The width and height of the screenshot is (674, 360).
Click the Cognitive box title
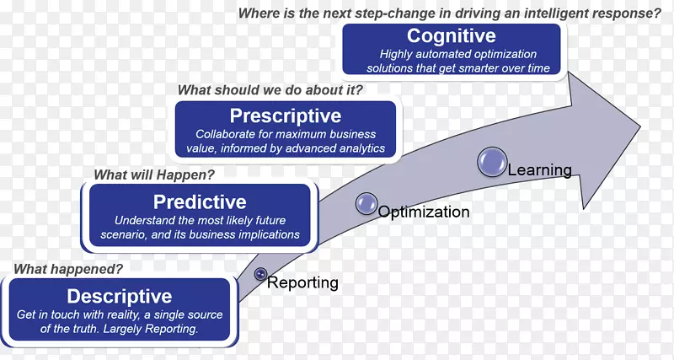tap(451, 36)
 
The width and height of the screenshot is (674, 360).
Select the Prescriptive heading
tap(286, 116)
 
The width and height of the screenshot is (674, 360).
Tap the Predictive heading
tap(200, 201)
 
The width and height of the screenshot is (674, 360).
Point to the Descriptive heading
tap(119, 296)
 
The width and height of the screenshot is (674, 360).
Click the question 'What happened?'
tap(67, 269)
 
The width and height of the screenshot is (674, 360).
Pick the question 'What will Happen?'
tap(154, 175)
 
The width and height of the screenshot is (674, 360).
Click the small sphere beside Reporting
tap(260, 274)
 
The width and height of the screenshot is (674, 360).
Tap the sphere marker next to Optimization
tap(366, 202)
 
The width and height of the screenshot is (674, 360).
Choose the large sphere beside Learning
tap(492, 162)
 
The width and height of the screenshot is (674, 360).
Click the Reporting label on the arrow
tap(302, 283)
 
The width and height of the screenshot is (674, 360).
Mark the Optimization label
tap(424, 212)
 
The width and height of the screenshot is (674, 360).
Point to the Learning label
tap(539, 170)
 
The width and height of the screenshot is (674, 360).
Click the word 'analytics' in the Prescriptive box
tap(360, 148)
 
